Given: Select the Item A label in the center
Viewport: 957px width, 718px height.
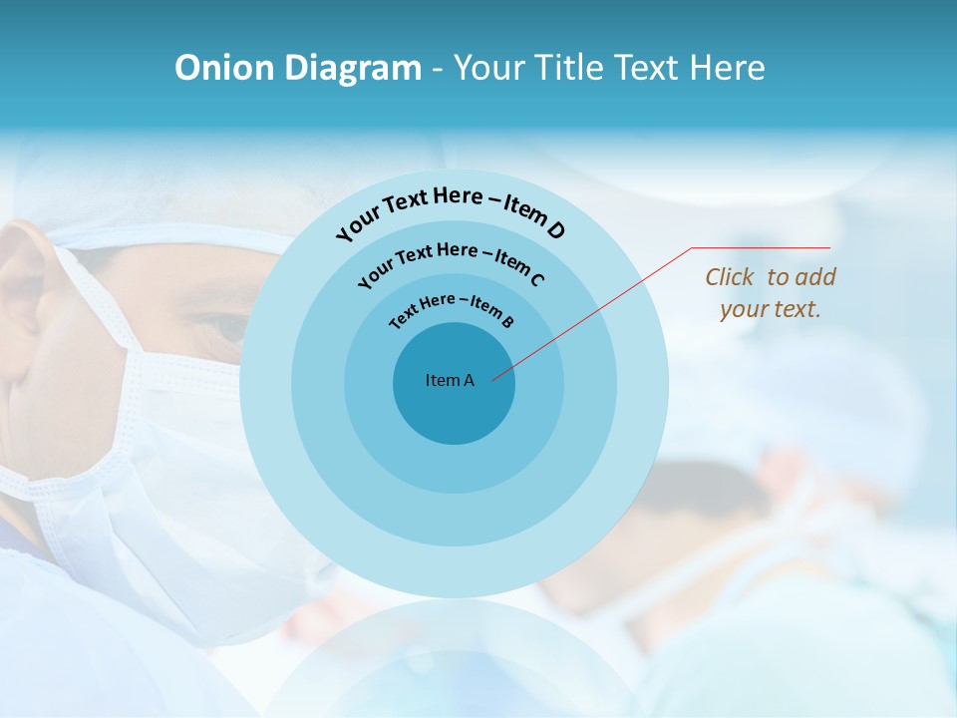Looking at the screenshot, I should coord(450,380).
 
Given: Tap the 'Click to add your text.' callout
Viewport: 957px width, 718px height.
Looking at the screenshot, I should coord(771,292).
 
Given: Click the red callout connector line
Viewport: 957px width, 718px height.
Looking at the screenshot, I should coord(598,309).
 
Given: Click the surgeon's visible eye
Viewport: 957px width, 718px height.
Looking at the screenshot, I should coord(227,326).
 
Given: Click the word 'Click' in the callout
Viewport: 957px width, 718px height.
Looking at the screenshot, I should coord(731,277).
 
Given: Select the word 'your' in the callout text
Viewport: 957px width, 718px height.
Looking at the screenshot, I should coord(742,309).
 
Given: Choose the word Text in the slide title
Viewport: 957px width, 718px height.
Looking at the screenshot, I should coord(644,68).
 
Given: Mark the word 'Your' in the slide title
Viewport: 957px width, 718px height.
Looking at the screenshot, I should coord(493,68).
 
